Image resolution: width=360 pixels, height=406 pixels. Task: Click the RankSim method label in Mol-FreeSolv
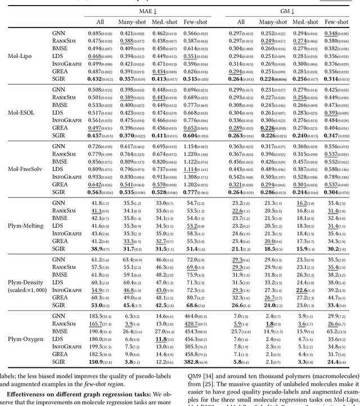click(x=64, y=154)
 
